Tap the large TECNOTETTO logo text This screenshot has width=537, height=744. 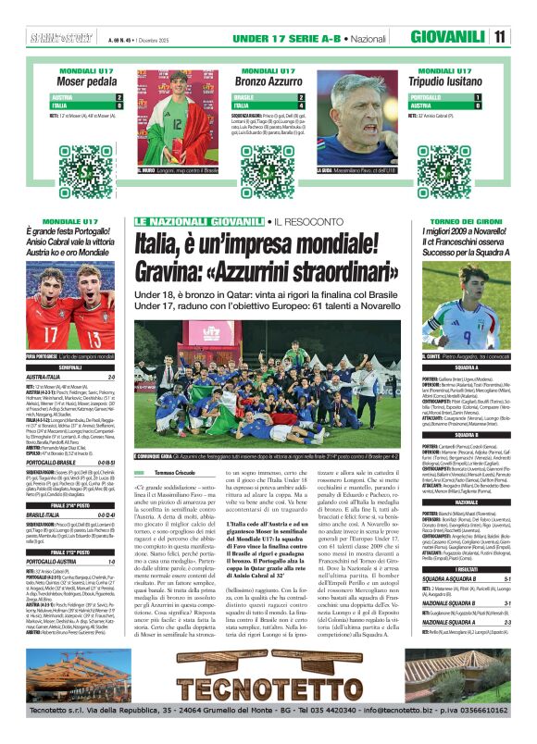pyautogui.click(x=268, y=688)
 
